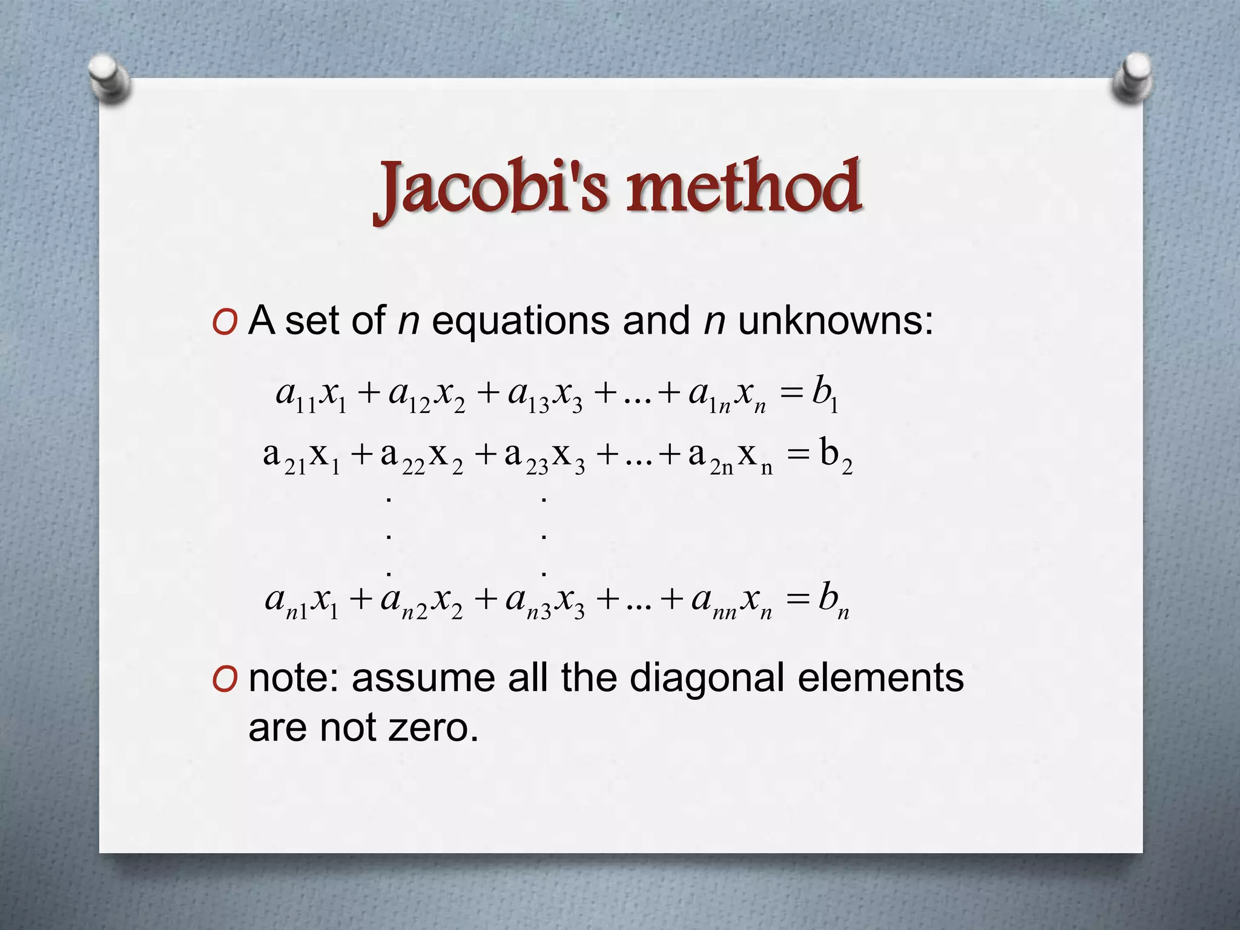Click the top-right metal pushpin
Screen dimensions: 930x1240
pyautogui.click(x=1132, y=79)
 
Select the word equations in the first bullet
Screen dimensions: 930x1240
pyautogui.click(x=520, y=320)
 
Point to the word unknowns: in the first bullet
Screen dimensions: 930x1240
pyautogui.click(x=836, y=320)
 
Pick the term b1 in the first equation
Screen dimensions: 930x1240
pyautogui.click(x=825, y=394)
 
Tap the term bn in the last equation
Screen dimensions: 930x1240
pyautogui.click(x=833, y=600)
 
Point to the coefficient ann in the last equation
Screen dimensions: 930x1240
pyautogui.click(x=714, y=601)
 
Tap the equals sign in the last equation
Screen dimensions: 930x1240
pyautogui.click(x=797, y=600)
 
